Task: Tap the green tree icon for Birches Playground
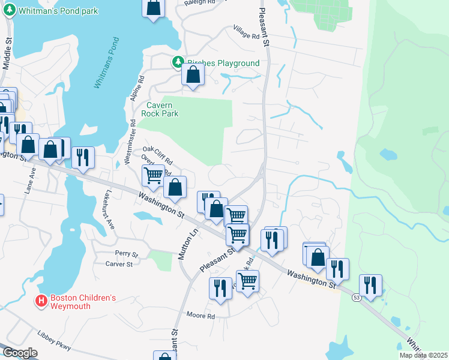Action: coord(178,62)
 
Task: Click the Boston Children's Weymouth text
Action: coord(82,302)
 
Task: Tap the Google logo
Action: coord(20,353)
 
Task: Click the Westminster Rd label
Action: coord(130,141)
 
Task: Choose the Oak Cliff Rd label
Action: coord(157,154)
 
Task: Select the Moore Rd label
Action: coord(200,315)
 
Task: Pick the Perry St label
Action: coord(127,254)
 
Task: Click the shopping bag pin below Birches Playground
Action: coord(193,75)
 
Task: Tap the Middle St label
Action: coord(8,53)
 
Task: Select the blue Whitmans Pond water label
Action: coord(106,63)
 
